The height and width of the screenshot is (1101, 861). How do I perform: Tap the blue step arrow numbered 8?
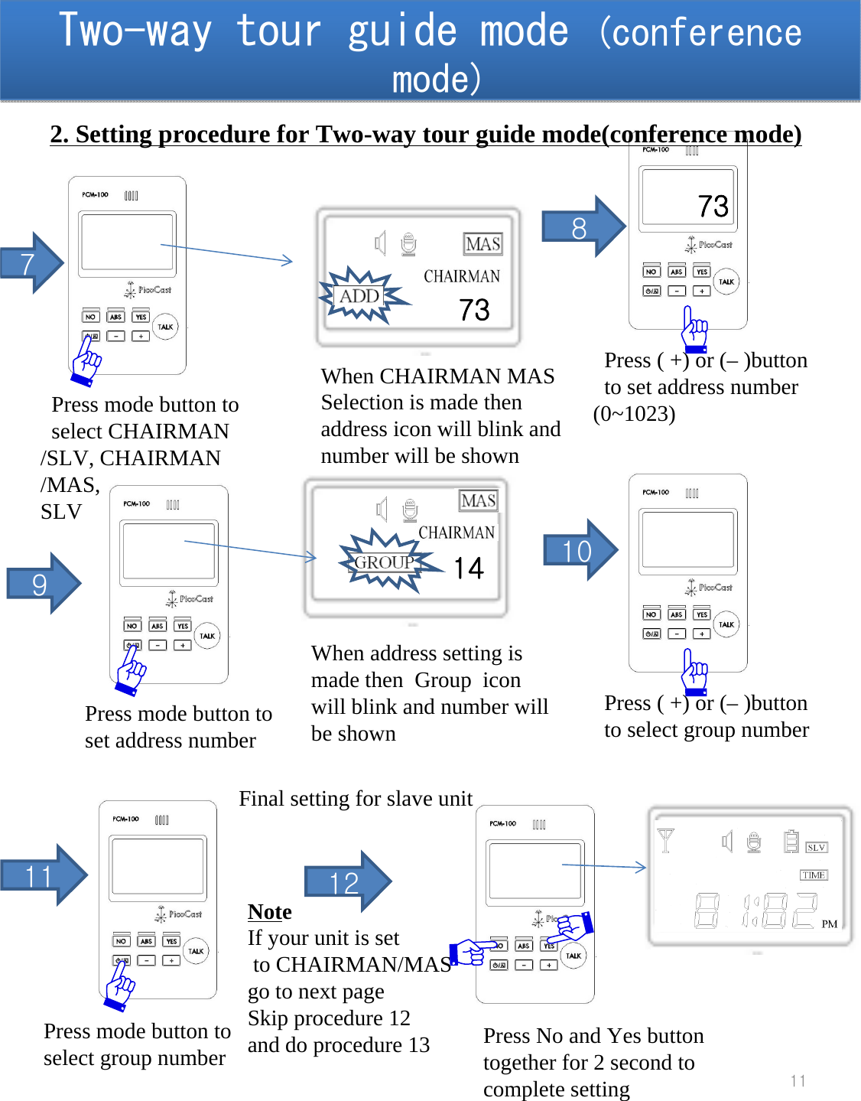click(582, 227)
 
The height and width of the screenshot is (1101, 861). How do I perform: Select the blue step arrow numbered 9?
click(42, 584)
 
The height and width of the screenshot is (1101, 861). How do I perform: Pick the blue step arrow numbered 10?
click(579, 550)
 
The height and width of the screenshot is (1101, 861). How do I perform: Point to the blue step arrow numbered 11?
click(42, 875)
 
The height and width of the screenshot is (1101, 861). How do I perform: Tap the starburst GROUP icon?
click(385, 562)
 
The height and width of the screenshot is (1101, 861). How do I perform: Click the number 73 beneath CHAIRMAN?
click(474, 310)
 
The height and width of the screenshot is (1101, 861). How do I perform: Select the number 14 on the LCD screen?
click(468, 568)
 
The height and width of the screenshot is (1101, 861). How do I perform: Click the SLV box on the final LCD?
click(816, 847)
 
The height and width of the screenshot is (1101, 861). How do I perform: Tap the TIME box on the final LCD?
click(814, 875)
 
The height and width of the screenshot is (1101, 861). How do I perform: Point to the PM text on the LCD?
click(830, 923)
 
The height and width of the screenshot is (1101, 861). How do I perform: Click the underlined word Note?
click(269, 912)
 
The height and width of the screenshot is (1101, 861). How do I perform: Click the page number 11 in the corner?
click(798, 1080)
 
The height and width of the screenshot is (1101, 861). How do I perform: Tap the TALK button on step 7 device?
click(165, 327)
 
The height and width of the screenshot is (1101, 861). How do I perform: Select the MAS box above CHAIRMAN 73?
click(482, 244)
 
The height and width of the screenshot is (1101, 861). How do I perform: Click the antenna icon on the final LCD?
click(665, 840)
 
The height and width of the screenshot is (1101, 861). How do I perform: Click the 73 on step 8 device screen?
click(713, 206)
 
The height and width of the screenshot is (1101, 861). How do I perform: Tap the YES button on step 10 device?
click(701, 614)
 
